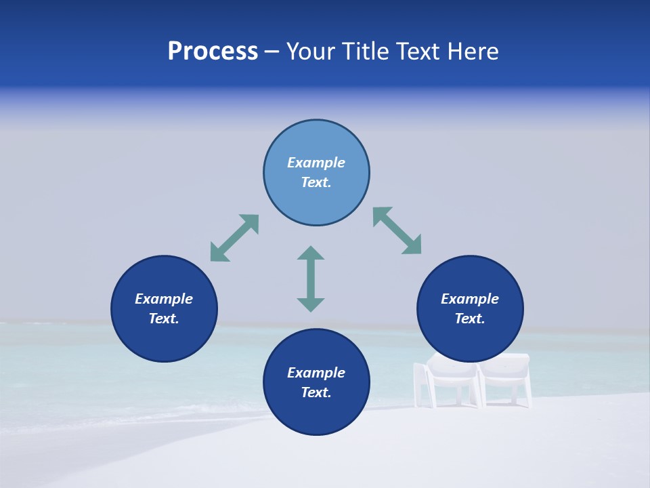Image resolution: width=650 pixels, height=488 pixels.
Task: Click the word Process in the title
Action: pyautogui.click(x=213, y=52)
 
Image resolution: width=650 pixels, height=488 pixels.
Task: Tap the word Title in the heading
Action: pyautogui.click(x=366, y=52)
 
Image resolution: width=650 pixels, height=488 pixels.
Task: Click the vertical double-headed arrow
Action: pyautogui.click(x=311, y=279)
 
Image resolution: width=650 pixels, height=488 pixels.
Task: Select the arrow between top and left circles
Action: pyautogui.click(x=234, y=238)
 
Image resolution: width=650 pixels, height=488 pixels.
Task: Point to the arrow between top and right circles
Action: pyautogui.click(x=397, y=230)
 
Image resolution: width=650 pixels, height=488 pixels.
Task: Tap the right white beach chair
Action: pyautogui.click(x=504, y=380)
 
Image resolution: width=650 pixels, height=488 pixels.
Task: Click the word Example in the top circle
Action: pyautogui.click(x=316, y=163)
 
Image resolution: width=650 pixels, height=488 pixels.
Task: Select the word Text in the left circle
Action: pyautogui.click(x=164, y=319)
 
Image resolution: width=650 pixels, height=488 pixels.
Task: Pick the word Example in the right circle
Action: pyautogui.click(x=470, y=299)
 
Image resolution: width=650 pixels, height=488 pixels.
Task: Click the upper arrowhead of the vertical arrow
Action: pyautogui.click(x=311, y=253)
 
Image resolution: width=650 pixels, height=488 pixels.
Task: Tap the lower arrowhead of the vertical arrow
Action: pyautogui.click(x=311, y=304)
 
